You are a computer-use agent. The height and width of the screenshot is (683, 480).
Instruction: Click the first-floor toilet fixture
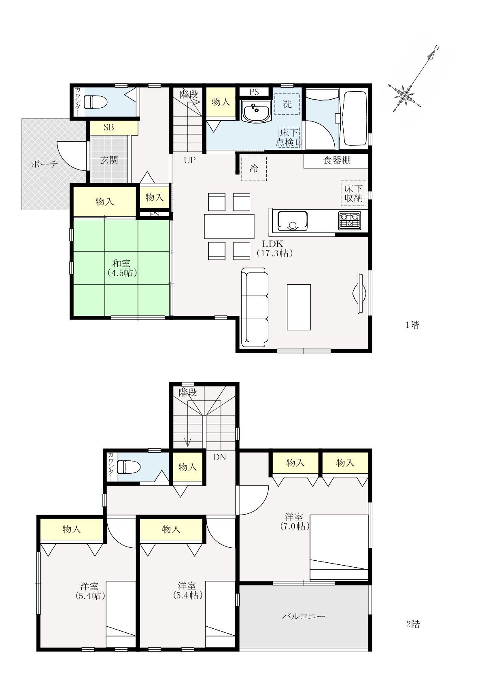click(96, 102)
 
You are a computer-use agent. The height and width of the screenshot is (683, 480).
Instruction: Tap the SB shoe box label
click(109, 127)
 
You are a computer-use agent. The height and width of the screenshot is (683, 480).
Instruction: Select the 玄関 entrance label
click(109, 160)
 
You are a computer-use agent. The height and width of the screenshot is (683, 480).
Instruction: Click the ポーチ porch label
click(45, 164)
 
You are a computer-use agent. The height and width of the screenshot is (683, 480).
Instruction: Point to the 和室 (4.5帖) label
click(122, 268)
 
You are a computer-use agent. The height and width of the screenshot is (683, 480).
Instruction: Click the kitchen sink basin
click(292, 221)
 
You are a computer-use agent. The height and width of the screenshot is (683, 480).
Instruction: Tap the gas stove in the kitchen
click(350, 221)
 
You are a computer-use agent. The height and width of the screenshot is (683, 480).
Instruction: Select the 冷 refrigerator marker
click(254, 168)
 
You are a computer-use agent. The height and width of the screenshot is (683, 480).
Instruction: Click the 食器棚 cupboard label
click(337, 160)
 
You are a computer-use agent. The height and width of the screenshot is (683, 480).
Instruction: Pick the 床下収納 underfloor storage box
click(353, 193)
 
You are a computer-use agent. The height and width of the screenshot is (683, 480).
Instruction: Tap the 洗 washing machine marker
click(287, 104)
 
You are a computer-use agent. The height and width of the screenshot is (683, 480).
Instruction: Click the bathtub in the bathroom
click(355, 119)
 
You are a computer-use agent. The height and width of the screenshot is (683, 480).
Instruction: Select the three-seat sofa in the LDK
click(255, 307)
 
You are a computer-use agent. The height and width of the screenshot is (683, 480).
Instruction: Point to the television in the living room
click(359, 293)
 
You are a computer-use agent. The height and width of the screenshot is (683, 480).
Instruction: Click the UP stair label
click(189, 160)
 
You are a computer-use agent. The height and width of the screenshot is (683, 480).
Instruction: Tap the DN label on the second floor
click(219, 457)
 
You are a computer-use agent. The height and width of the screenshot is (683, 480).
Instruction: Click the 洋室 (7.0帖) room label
click(295, 521)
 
